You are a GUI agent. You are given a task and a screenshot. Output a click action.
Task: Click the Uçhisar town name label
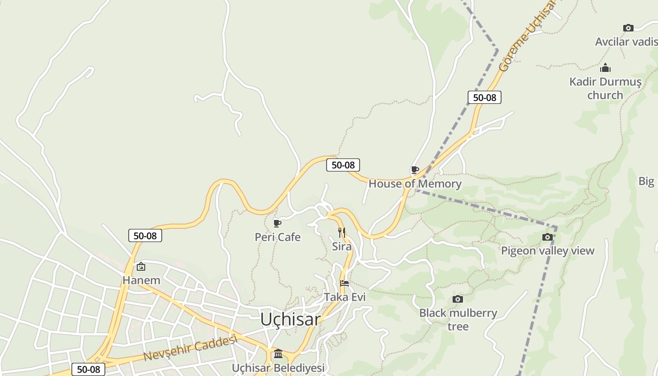290,320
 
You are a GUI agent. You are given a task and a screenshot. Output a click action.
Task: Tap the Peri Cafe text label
277,237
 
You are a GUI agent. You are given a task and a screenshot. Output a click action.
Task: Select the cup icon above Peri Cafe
277,223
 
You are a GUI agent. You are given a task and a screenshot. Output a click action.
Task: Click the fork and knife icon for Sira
342,233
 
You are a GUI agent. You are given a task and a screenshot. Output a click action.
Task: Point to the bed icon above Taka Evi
345,283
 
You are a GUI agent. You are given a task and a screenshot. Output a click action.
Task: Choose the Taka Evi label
345,297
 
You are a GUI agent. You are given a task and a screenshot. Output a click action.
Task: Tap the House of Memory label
415,184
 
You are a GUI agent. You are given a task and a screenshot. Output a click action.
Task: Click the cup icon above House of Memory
415,170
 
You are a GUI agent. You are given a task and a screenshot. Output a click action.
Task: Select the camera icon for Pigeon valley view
547,237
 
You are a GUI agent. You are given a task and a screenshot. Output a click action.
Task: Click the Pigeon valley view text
548,251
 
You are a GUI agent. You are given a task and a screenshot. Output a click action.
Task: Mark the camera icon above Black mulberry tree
457,299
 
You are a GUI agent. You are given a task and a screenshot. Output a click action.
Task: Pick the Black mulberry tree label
458,320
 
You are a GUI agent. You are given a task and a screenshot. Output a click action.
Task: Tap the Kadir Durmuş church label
605,88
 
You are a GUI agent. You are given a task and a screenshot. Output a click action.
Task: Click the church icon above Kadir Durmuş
605,68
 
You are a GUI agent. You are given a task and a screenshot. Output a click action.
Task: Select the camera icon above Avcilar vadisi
628,28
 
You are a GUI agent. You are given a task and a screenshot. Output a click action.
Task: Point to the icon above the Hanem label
141,267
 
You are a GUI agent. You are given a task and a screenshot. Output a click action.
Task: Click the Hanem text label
141,281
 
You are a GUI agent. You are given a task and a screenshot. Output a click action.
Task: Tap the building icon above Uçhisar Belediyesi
278,353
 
